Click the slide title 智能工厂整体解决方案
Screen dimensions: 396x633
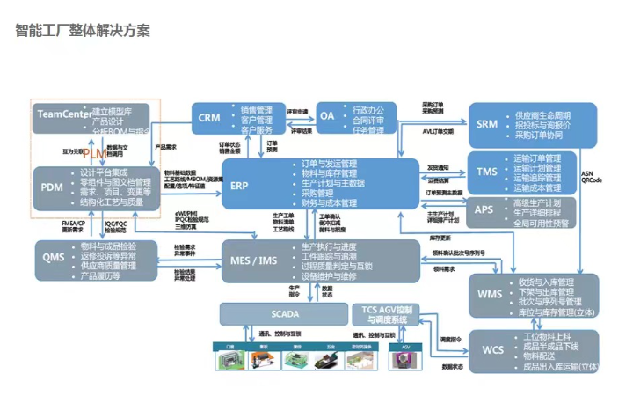[83, 31]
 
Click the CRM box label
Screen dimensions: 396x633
[209, 118]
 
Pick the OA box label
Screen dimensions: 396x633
[327, 117]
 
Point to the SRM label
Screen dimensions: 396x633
[487, 125]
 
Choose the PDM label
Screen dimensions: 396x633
[52, 187]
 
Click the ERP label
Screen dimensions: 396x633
[239, 187]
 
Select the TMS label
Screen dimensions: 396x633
[487, 172]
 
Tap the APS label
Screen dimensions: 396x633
[484, 209]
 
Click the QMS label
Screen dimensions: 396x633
[54, 257]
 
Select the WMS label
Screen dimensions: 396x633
[490, 294]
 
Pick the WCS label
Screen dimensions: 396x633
[492, 350]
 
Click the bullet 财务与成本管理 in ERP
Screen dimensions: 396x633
[329, 203]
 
